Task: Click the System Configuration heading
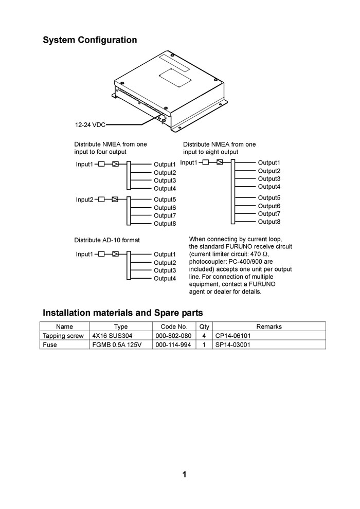89,40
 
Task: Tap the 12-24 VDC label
90,125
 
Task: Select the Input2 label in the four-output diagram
85,199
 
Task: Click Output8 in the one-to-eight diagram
269,222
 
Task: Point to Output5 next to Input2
165,199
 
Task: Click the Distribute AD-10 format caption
107,240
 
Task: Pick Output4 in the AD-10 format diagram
165,279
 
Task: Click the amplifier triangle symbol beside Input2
115,199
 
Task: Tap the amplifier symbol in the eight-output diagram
220,162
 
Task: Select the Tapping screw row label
63,336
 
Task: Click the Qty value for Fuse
204,345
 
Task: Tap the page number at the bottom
184,475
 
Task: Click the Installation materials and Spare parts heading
123,313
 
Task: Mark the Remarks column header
269,326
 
